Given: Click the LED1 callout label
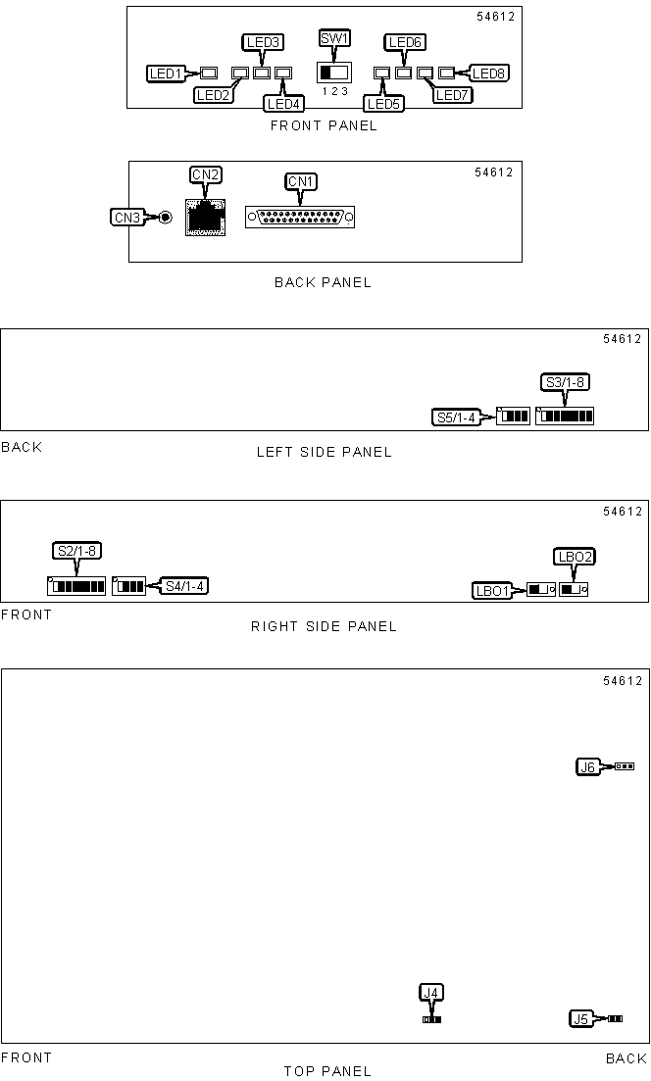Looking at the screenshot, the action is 167,74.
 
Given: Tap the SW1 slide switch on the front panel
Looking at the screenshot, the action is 333,72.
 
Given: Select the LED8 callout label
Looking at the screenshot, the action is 489,74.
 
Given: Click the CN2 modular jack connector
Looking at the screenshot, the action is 206,217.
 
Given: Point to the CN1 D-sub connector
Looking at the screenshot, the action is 300,218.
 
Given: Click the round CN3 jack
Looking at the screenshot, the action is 166,218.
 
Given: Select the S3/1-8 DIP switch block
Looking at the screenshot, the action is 565,416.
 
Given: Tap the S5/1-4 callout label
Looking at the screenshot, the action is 456,418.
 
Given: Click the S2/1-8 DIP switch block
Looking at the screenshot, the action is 76,586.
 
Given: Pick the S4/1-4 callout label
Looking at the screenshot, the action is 185,586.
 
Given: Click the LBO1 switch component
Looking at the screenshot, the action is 541,589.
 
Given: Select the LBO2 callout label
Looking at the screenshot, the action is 575,557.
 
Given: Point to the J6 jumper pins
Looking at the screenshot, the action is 625,766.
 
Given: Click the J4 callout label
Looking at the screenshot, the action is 431,993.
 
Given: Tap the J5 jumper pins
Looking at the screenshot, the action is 615,1018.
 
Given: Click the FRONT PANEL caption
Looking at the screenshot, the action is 325,125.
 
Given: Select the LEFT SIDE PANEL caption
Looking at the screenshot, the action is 325,452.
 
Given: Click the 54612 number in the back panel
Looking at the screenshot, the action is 494,172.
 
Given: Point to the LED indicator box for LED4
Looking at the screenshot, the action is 283,73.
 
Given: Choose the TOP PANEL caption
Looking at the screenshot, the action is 327,1070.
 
